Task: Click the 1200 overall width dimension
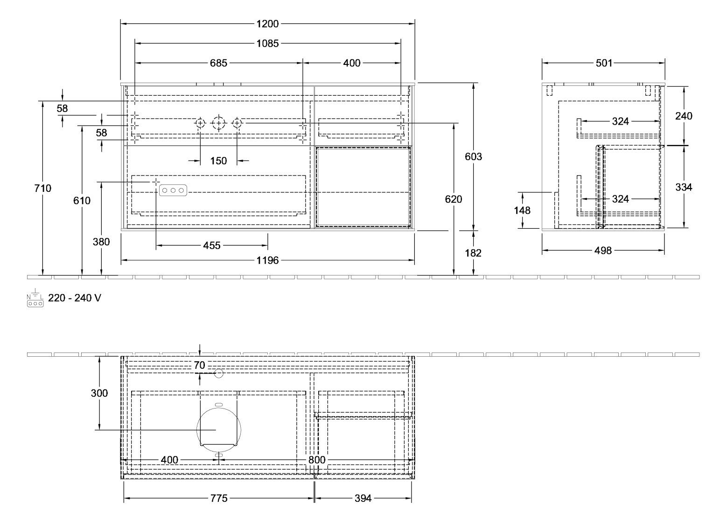tap(267, 24)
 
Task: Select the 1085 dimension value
tap(267, 43)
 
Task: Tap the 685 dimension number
tap(218, 63)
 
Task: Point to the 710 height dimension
tap(43, 188)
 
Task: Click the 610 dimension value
tap(82, 201)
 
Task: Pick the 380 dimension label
tap(101, 242)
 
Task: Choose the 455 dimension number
tap(211, 246)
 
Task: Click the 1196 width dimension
tap(267, 260)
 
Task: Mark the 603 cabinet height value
tap(474, 157)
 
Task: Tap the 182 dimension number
tap(473, 253)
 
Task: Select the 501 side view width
tap(604, 63)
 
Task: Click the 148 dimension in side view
tap(522, 211)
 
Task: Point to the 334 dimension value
tap(684, 187)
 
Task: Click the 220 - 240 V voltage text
tap(75, 298)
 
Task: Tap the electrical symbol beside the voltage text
tap(35, 297)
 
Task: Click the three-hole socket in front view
tap(173, 190)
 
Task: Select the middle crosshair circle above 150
tap(219, 123)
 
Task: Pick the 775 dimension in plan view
tap(219, 498)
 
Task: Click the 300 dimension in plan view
tap(99, 394)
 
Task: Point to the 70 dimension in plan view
tap(200, 366)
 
